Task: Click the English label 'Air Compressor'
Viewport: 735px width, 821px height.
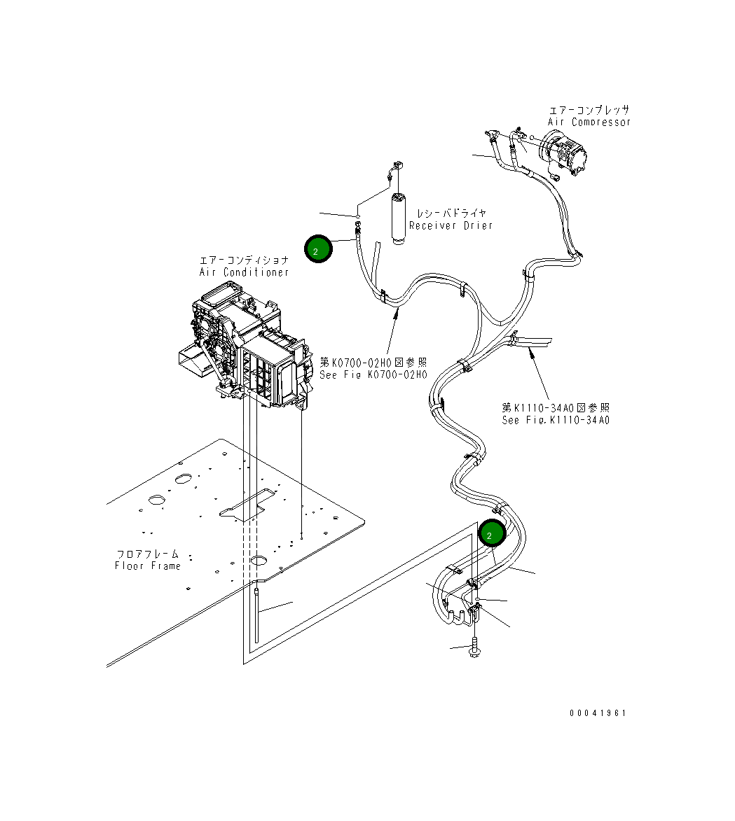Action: click(x=589, y=122)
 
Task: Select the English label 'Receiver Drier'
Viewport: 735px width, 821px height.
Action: click(x=451, y=225)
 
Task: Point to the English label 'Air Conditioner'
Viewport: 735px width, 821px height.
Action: click(x=244, y=272)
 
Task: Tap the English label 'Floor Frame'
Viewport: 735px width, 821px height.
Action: click(x=148, y=566)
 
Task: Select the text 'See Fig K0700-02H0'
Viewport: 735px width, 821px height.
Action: click(x=373, y=374)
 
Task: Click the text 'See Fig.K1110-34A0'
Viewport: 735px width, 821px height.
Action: click(x=556, y=420)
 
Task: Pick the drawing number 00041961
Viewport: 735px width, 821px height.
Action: click(x=598, y=713)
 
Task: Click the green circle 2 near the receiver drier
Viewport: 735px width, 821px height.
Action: click(x=317, y=250)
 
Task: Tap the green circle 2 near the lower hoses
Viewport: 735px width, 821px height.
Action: click(x=491, y=534)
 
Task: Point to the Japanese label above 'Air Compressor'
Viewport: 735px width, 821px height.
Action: click(x=589, y=110)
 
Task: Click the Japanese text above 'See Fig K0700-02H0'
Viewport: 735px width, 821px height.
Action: click(x=373, y=363)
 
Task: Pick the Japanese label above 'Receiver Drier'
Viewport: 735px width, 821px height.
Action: click(x=451, y=213)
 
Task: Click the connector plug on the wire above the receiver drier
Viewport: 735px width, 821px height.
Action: click(x=399, y=167)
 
